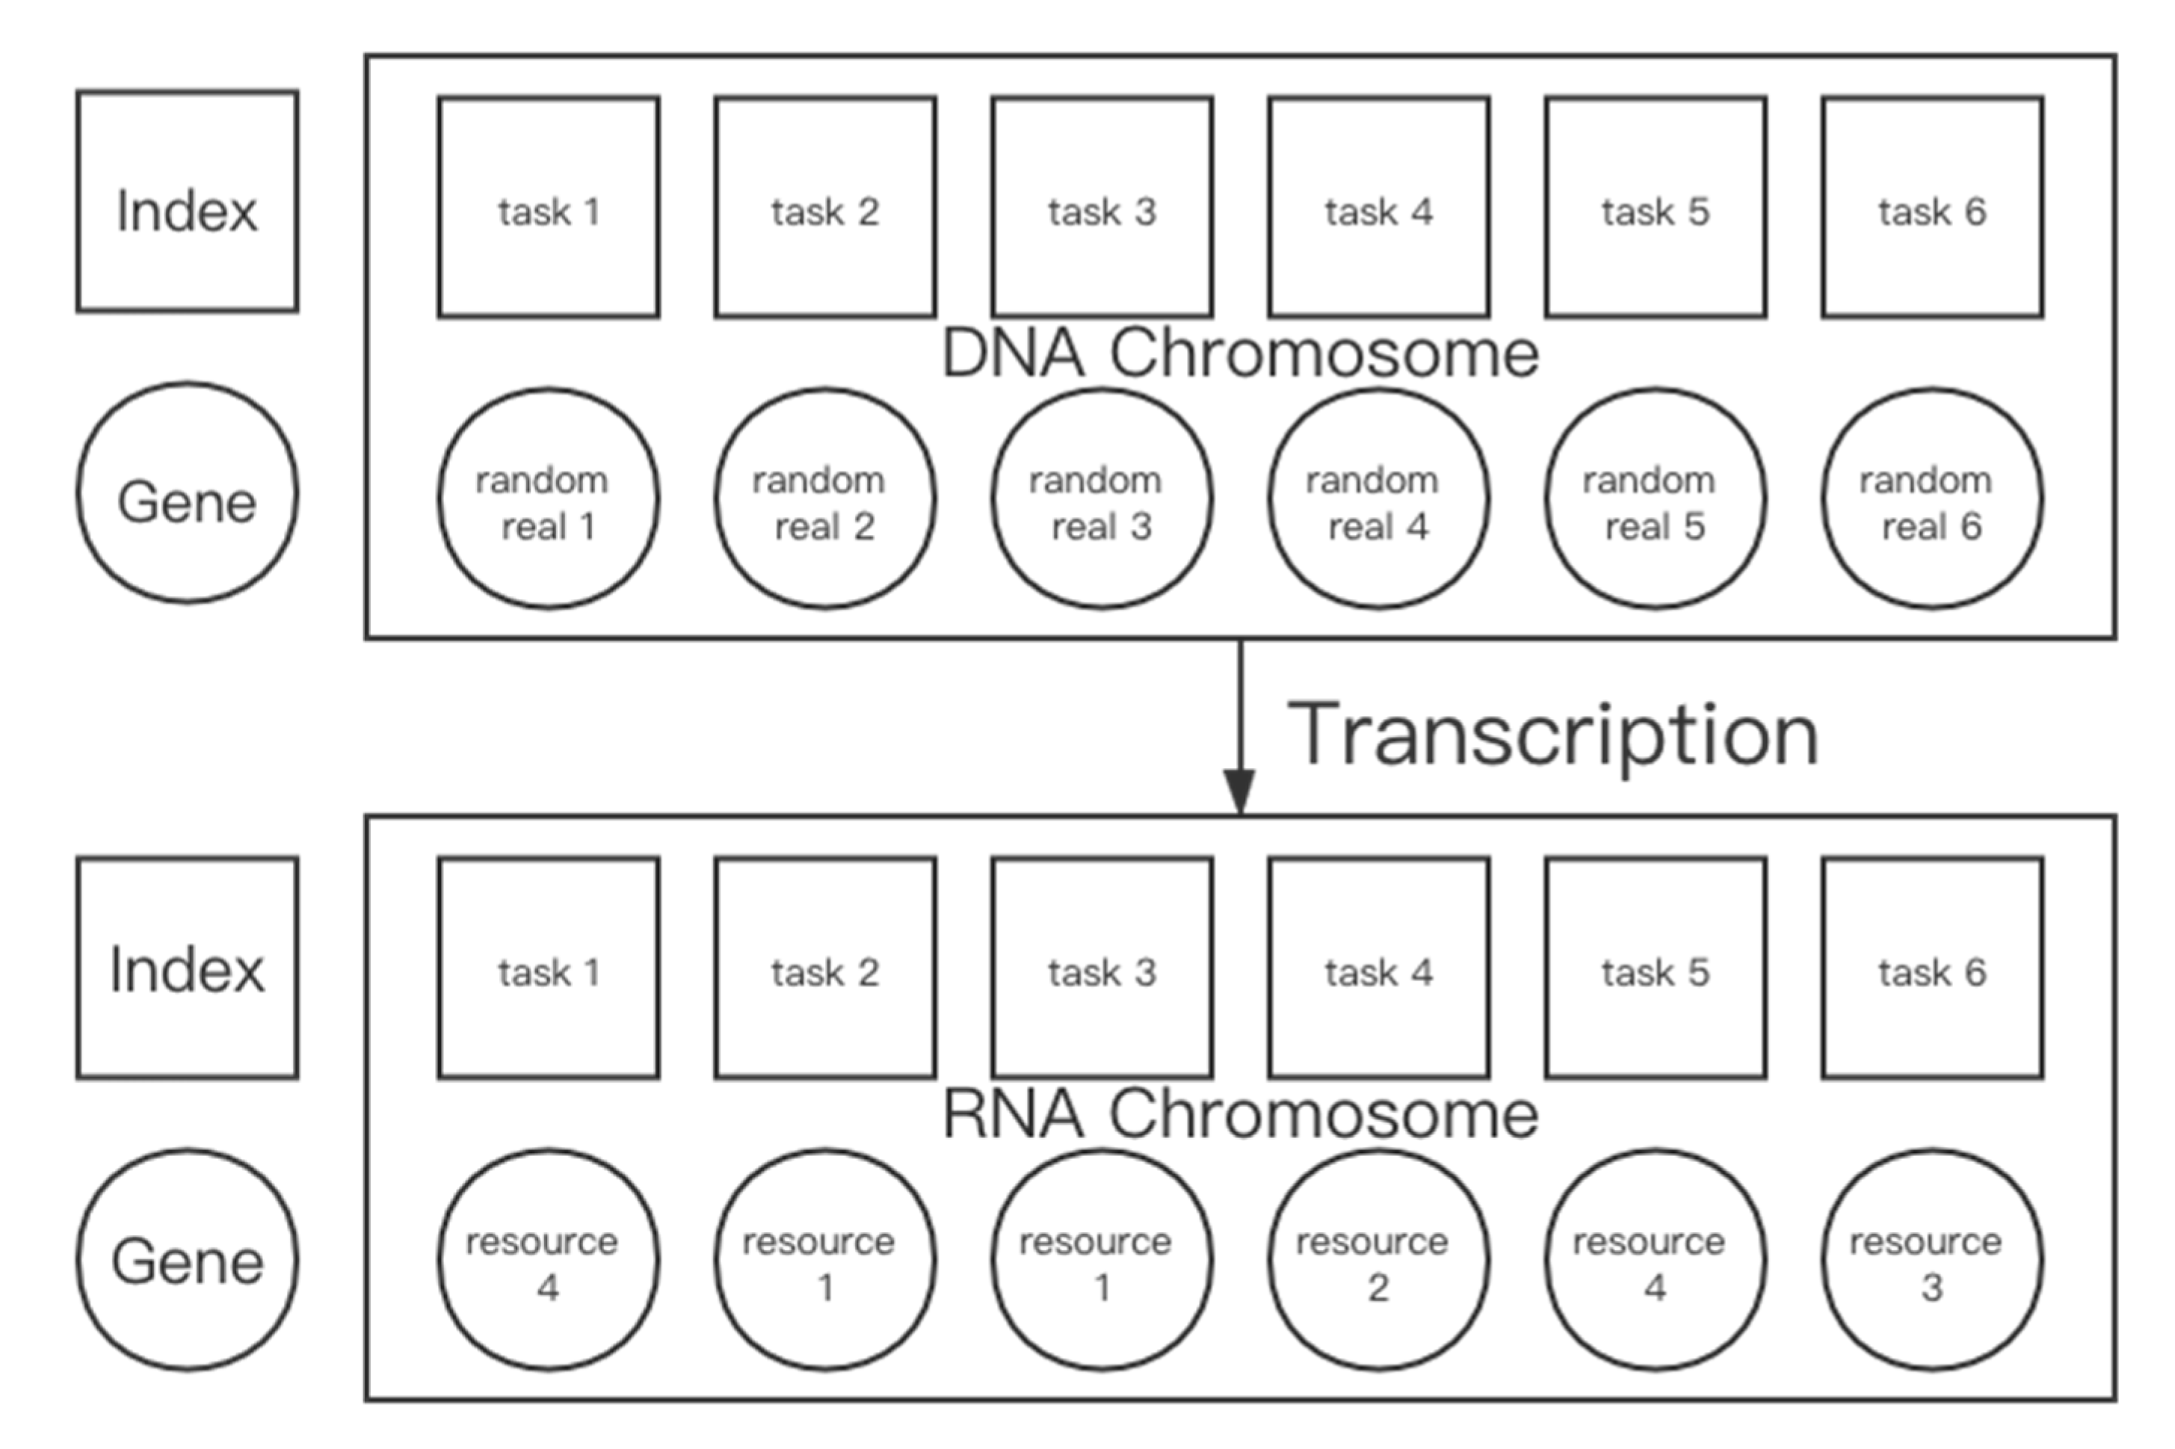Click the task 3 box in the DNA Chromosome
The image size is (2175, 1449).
point(1102,207)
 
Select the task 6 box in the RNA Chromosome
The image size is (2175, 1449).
point(1932,968)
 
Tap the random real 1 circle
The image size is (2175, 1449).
point(548,499)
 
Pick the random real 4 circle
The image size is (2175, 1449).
point(1378,499)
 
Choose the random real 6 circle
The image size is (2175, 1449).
point(1932,499)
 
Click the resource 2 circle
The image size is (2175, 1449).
point(1378,1259)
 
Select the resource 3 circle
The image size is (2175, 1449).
point(1932,1259)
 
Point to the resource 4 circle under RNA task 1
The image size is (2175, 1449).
point(548,1259)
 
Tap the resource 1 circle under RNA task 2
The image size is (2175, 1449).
point(824,1259)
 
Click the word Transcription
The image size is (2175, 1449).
point(1553,735)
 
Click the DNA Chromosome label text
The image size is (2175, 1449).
point(1238,353)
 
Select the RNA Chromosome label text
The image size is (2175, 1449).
point(1238,1113)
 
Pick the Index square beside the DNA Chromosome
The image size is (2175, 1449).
point(187,202)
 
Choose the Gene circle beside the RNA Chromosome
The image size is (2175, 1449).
point(187,1259)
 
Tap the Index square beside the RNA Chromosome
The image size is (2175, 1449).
point(187,968)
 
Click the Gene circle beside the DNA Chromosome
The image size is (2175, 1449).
point(187,493)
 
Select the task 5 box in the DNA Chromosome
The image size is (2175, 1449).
point(1655,207)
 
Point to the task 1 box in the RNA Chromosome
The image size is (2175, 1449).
point(548,968)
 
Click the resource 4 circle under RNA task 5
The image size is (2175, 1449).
point(1655,1259)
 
